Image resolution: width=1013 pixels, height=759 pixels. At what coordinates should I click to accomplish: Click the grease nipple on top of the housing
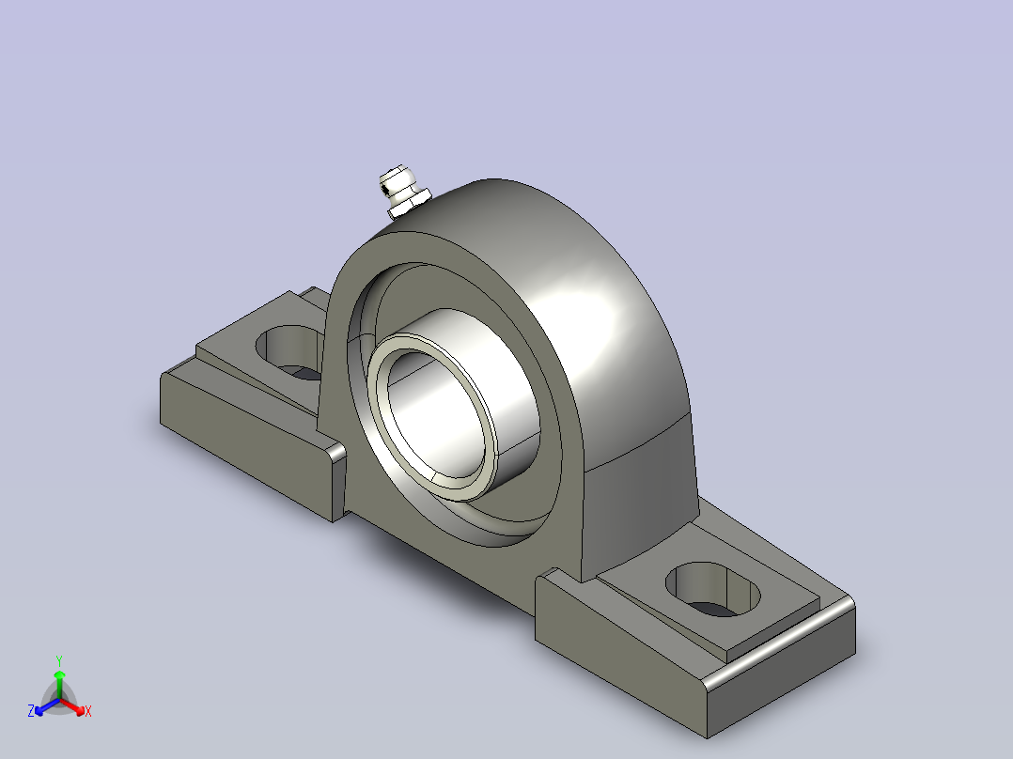[x=403, y=192]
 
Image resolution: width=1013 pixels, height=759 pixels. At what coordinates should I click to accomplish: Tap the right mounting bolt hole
[x=712, y=589]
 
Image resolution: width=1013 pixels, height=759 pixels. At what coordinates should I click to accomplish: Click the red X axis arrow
[x=73, y=707]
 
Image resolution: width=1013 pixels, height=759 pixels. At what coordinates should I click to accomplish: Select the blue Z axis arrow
[x=46, y=707]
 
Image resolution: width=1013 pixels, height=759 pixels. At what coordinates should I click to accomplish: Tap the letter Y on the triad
[x=59, y=660]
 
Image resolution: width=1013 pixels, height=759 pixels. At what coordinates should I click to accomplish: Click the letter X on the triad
[x=88, y=711]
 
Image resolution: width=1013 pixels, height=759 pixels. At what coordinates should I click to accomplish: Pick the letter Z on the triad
[x=31, y=711]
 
